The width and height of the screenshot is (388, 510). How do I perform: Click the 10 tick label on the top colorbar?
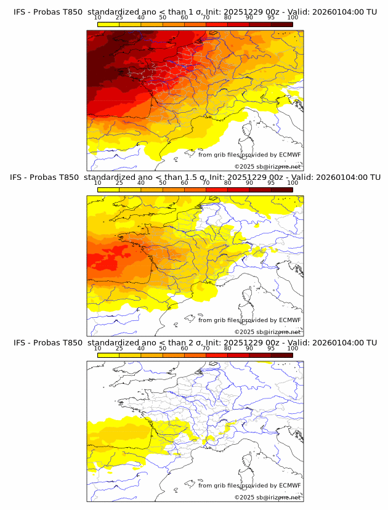(98, 18)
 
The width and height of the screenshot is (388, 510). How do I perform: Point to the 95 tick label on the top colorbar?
(271, 18)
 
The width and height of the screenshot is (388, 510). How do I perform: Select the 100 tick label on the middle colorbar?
(293, 183)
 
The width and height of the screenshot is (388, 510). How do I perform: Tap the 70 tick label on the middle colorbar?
(206, 183)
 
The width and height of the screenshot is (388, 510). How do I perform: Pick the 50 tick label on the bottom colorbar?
(163, 349)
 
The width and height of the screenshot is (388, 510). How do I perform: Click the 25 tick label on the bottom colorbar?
(119, 349)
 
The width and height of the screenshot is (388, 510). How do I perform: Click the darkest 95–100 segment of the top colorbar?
(281, 24)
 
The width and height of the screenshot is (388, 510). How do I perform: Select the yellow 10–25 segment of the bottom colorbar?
(108, 355)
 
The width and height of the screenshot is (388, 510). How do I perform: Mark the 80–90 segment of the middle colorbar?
(238, 190)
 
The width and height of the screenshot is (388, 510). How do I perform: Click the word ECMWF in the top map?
(289, 155)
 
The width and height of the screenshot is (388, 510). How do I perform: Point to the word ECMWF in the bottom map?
(289, 485)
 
